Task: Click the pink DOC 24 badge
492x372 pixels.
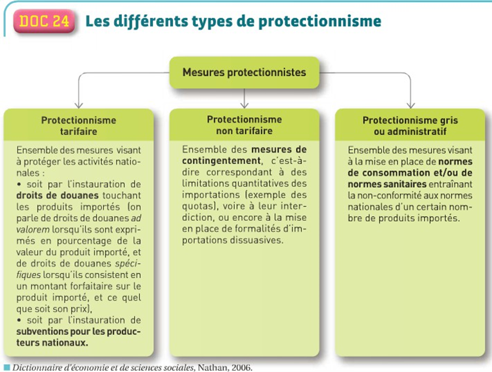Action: point(44,21)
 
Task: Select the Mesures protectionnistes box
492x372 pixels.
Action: point(244,73)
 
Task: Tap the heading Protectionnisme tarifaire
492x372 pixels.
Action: point(78,126)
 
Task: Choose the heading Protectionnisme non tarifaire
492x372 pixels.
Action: point(244,125)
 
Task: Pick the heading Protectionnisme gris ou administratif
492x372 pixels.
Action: point(410,126)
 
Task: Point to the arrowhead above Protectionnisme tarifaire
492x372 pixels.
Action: point(79,105)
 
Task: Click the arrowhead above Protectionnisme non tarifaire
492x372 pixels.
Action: point(244,105)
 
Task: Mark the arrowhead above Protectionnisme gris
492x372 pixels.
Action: point(411,105)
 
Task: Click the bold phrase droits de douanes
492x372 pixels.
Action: point(57,196)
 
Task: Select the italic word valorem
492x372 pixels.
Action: point(33,229)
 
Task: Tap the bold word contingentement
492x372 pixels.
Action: point(221,161)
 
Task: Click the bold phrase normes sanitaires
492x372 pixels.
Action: point(387,184)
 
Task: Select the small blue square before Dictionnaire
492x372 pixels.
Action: point(7,367)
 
